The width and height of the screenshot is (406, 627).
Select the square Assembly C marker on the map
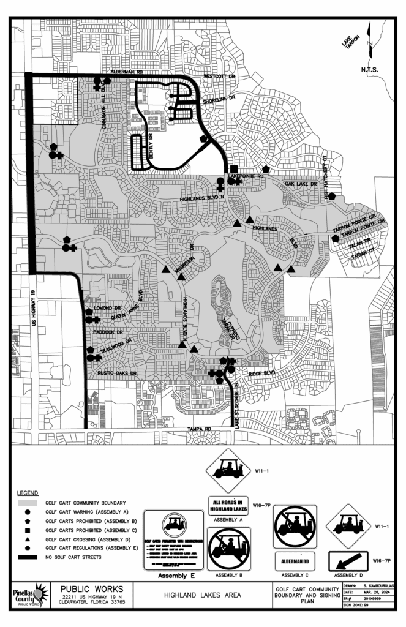234,168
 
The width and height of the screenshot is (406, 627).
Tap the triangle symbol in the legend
28,539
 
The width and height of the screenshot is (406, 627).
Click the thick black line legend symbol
28,557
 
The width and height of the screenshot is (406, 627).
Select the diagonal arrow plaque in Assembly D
348,560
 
